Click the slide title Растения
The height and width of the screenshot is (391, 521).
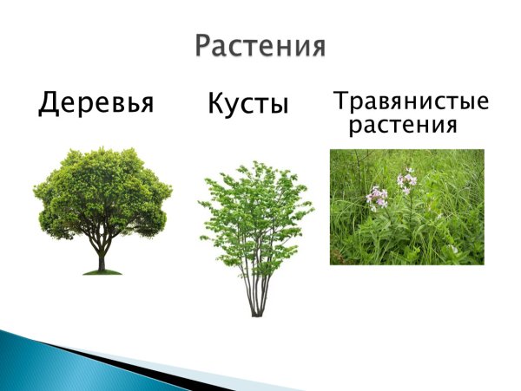(260, 44)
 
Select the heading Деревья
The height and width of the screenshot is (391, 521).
(96, 105)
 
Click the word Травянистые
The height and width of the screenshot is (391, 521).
(412, 102)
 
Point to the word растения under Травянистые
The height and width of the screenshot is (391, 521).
(402, 126)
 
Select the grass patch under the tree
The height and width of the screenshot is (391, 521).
(102, 272)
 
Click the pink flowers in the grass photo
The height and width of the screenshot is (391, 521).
(406, 181)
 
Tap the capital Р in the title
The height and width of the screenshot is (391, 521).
(204, 46)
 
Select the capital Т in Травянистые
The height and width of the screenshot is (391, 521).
(340, 102)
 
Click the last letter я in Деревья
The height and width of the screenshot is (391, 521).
(145, 105)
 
